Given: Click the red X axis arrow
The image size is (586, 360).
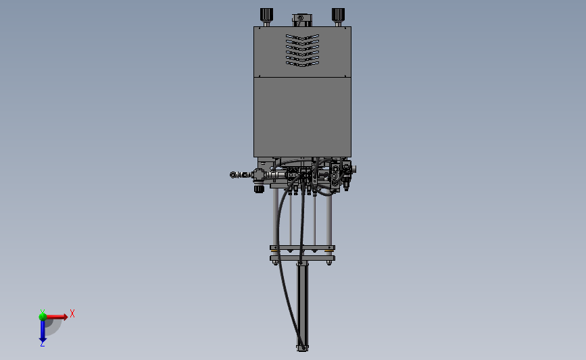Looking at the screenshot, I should pyautogui.click(x=57, y=316).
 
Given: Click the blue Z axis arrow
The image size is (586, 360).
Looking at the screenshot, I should pyautogui.click(x=43, y=331).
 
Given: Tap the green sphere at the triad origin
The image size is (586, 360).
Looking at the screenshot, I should pyautogui.click(x=43, y=315).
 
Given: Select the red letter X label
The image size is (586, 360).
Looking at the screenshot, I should pyautogui.click(x=72, y=313).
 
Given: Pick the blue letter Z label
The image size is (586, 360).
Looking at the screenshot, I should pyautogui.click(x=42, y=344).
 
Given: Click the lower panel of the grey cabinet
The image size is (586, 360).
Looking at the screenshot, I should pyautogui.click(x=302, y=115).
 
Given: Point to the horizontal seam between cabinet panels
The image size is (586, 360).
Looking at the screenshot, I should pyautogui.click(x=302, y=77).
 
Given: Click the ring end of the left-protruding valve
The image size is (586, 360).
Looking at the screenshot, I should pyautogui.click(x=234, y=176).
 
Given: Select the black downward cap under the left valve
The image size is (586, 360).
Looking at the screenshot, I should pyautogui.click(x=258, y=189).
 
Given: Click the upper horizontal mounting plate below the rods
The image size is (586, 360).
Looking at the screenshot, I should pyautogui.click(x=302, y=247).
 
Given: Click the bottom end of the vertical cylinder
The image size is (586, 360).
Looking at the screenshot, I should pyautogui.click(x=302, y=349).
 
